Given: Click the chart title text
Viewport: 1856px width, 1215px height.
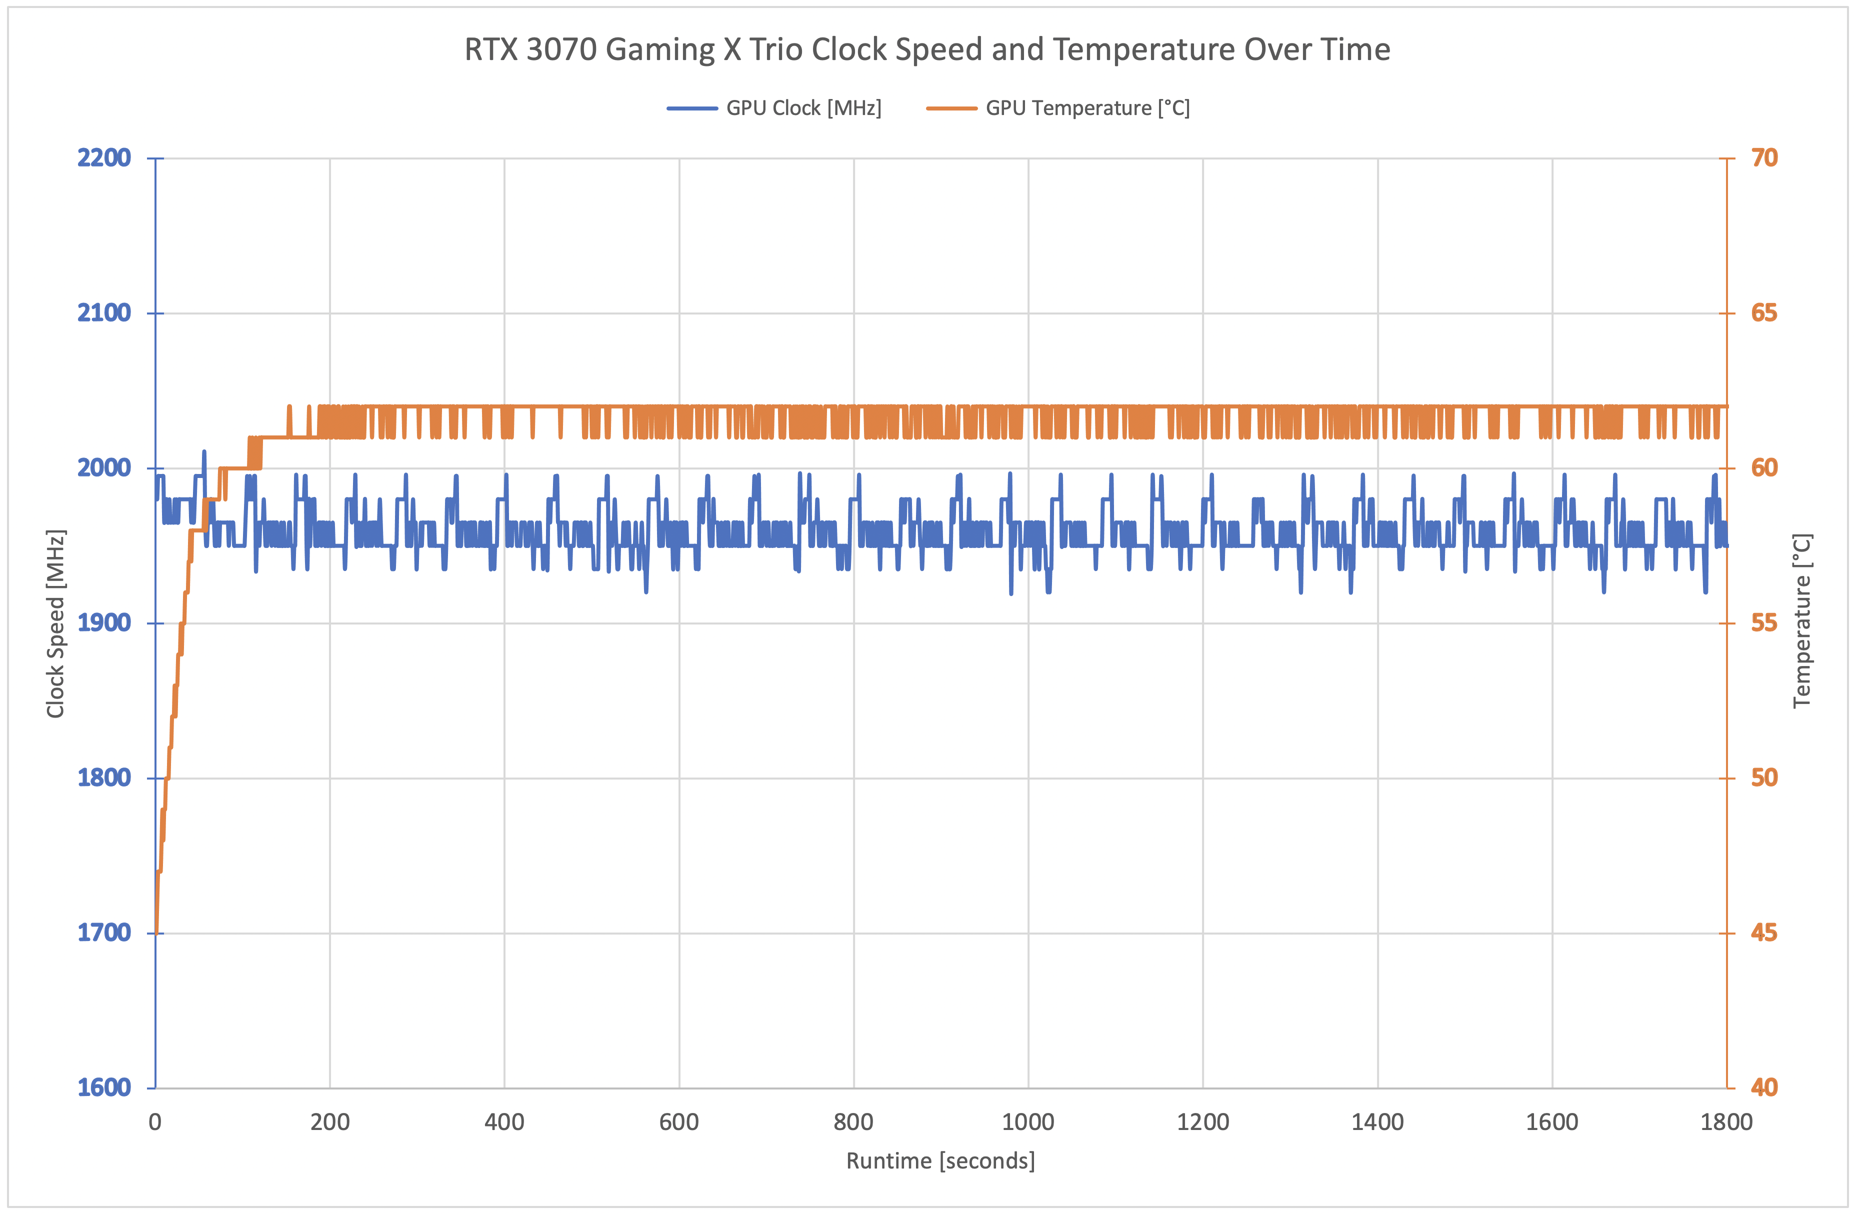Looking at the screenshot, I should (926, 49).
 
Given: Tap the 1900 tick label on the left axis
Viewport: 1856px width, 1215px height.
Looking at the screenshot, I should (103, 622).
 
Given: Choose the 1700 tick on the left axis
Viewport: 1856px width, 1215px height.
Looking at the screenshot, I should (103, 932).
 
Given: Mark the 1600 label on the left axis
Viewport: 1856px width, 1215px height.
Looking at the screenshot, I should (103, 1087).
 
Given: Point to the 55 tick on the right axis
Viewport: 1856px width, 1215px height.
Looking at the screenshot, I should (1764, 622).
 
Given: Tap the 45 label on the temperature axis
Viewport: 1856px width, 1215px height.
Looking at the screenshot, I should (1764, 932).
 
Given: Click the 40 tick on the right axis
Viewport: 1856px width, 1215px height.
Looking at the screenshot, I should (1764, 1087).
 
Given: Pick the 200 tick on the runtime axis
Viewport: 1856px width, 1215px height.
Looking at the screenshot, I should (330, 1122).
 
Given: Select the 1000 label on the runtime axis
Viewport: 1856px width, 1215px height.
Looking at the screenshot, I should (1028, 1122).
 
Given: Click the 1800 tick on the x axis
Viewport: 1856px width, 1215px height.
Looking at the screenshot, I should (1726, 1122).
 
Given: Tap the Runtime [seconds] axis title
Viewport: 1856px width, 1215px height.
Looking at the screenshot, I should (940, 1161).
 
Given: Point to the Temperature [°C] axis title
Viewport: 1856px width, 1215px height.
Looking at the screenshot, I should (1801, 621).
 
